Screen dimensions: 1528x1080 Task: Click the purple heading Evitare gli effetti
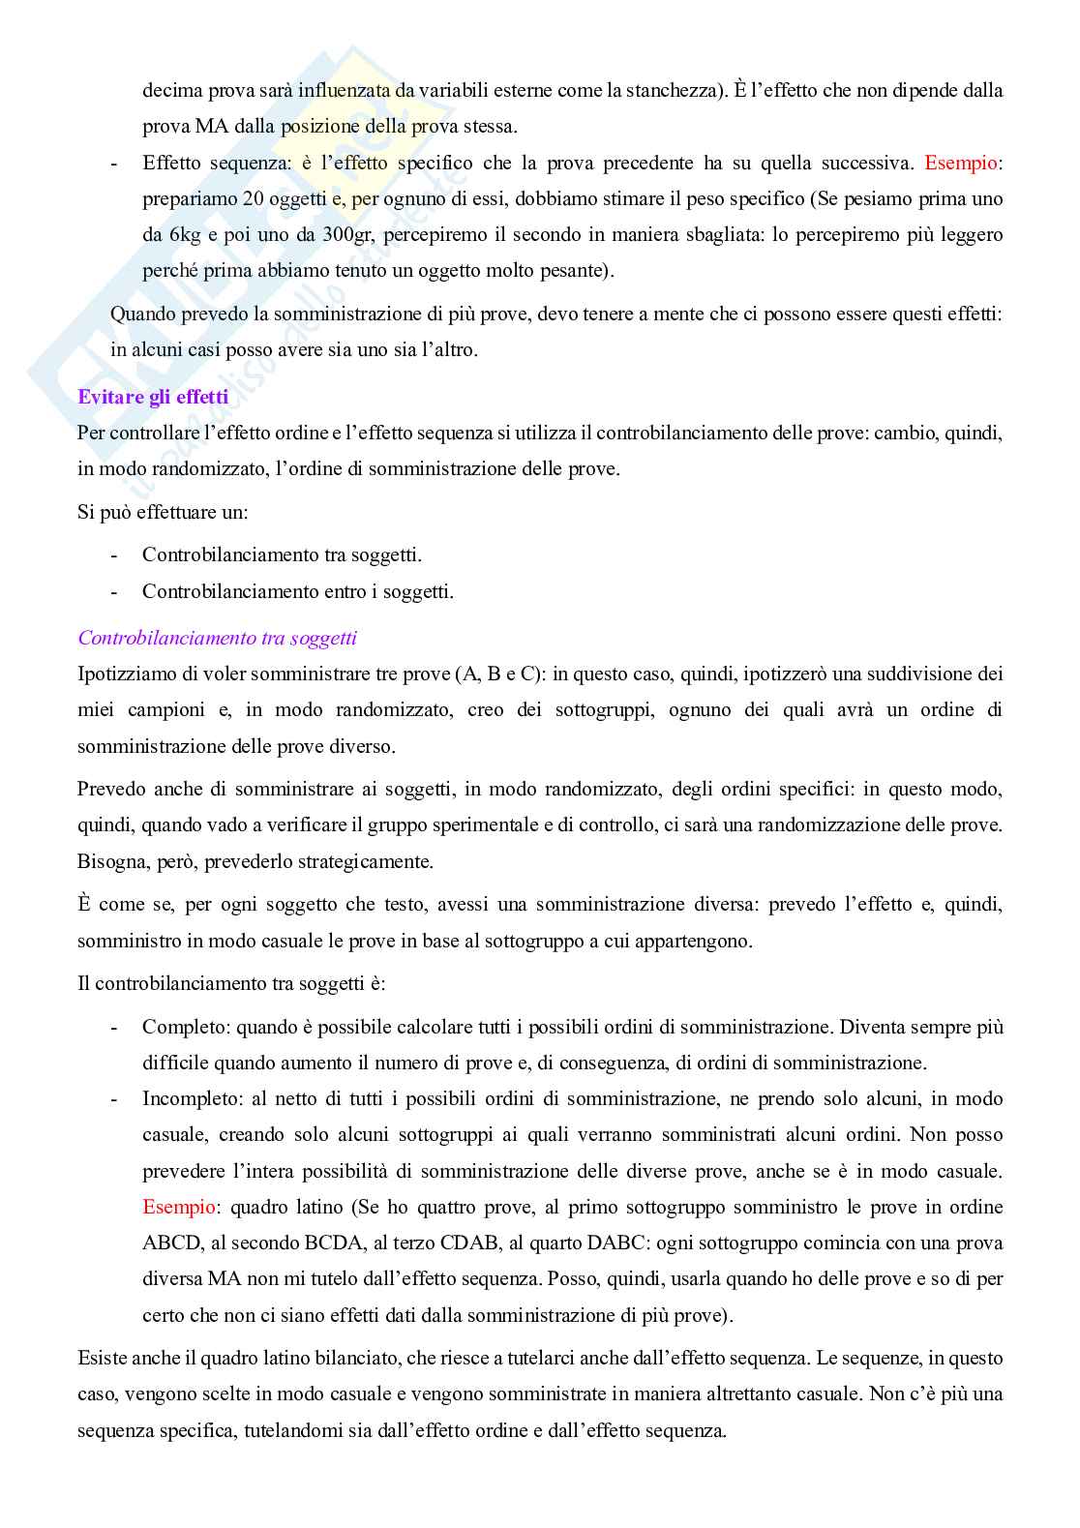tap(153, 397)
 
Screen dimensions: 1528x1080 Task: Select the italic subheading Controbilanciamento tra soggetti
tap(217, 638)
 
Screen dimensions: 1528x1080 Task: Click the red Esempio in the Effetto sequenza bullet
tap(960, 164)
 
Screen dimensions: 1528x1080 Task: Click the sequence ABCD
tap(172, 1243)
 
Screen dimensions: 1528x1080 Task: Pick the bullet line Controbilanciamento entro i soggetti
tap(297, 591)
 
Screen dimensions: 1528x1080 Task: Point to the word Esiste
tap(102, 1359)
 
